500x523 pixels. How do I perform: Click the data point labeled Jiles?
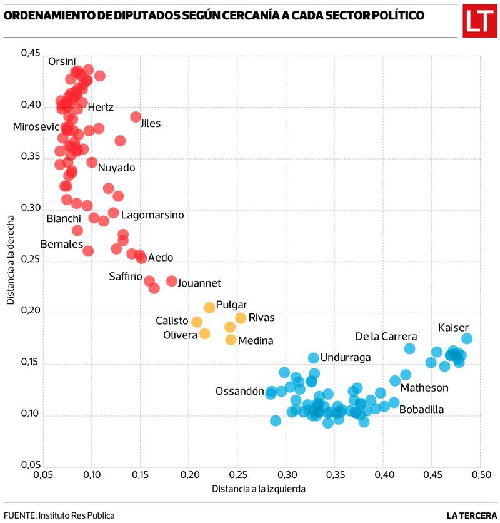[x=136, y=117]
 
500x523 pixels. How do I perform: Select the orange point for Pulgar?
[x=209, y=307]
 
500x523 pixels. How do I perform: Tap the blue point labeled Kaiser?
[x=467, y=338]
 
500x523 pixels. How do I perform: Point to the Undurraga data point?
[x=314, y=358]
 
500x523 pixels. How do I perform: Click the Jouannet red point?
[x=172, y=281]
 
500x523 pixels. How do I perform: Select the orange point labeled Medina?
[x=231, y=340]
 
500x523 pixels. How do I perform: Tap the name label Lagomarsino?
[x=152, y=215]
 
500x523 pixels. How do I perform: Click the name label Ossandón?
[x=240, y=392]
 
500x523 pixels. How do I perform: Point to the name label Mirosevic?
[x=36, y=127]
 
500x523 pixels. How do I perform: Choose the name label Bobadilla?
[x=421, y=410]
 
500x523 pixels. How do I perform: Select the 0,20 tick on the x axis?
[x=189, y=475]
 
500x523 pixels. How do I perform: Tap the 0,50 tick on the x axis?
[x=480, y=475]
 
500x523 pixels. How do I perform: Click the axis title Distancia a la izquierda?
[x=259, y=489]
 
